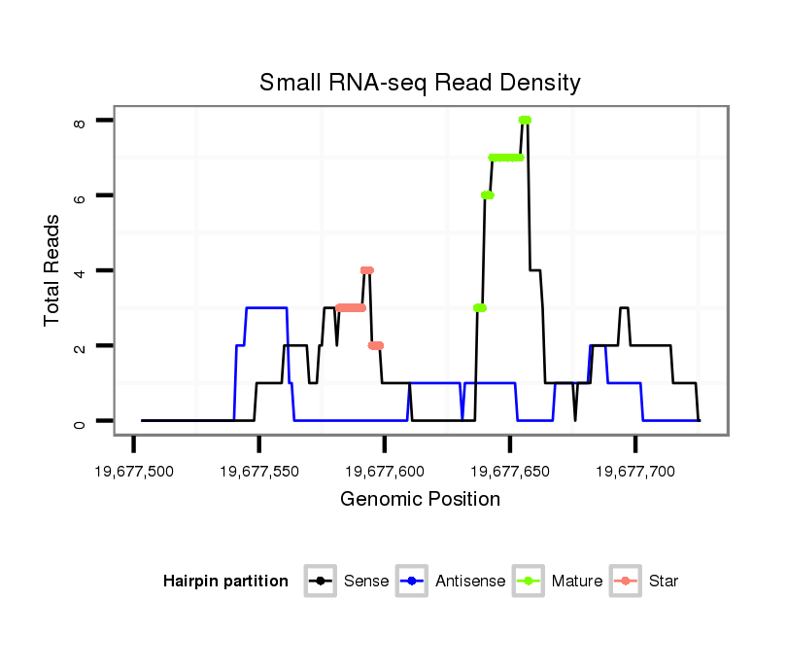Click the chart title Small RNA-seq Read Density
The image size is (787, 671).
(420, 83)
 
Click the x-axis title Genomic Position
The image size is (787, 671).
(420, 500)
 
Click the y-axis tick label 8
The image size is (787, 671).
(81, 121)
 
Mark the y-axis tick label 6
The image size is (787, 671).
(81, 195)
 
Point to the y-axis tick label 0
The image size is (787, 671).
(81, 421)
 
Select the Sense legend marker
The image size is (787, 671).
(320, 582)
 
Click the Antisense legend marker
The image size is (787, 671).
(412, 582)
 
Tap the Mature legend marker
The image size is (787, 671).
(529, 582)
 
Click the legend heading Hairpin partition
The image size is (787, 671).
(225, 582)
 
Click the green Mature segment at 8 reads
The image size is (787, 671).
(525, 120)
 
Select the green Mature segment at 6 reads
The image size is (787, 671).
(488, 195)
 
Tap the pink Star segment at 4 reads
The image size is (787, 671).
(366, 270)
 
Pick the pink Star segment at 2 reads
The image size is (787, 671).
(376, 345)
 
